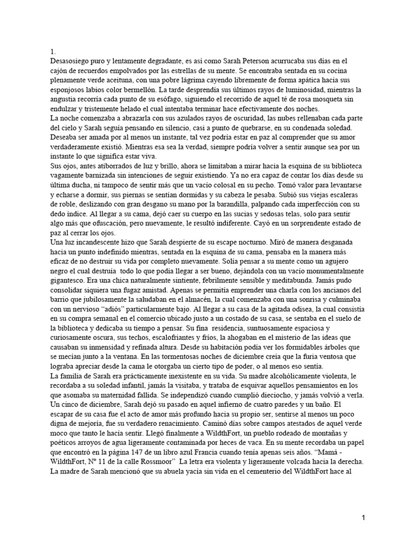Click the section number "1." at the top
coord(53,51)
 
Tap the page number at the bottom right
coord(364,518)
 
